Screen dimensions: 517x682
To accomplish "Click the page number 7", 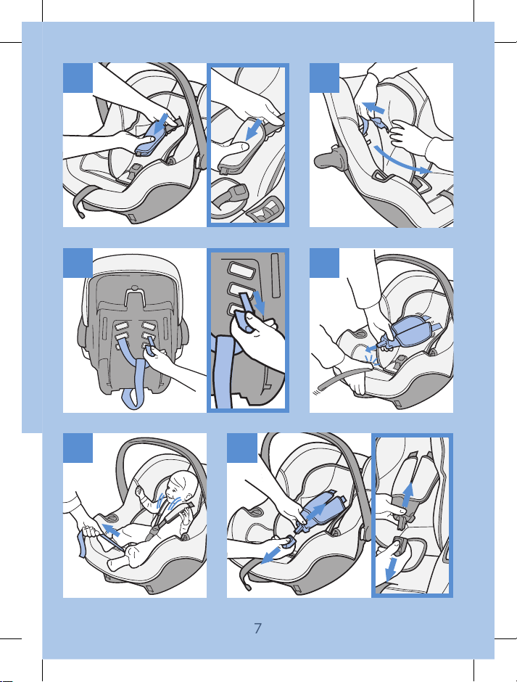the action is coord(258,628).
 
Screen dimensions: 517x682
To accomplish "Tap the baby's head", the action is coord(182,486).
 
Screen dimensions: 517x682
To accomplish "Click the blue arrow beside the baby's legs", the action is coord(111,530).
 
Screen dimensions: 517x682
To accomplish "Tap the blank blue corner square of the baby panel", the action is coord(78,448).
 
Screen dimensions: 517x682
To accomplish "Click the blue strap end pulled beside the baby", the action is coord(81,543).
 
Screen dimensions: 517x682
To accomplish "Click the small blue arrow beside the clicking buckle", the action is coord(371,348).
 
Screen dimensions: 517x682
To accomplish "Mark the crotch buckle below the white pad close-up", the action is coord(234,192).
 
